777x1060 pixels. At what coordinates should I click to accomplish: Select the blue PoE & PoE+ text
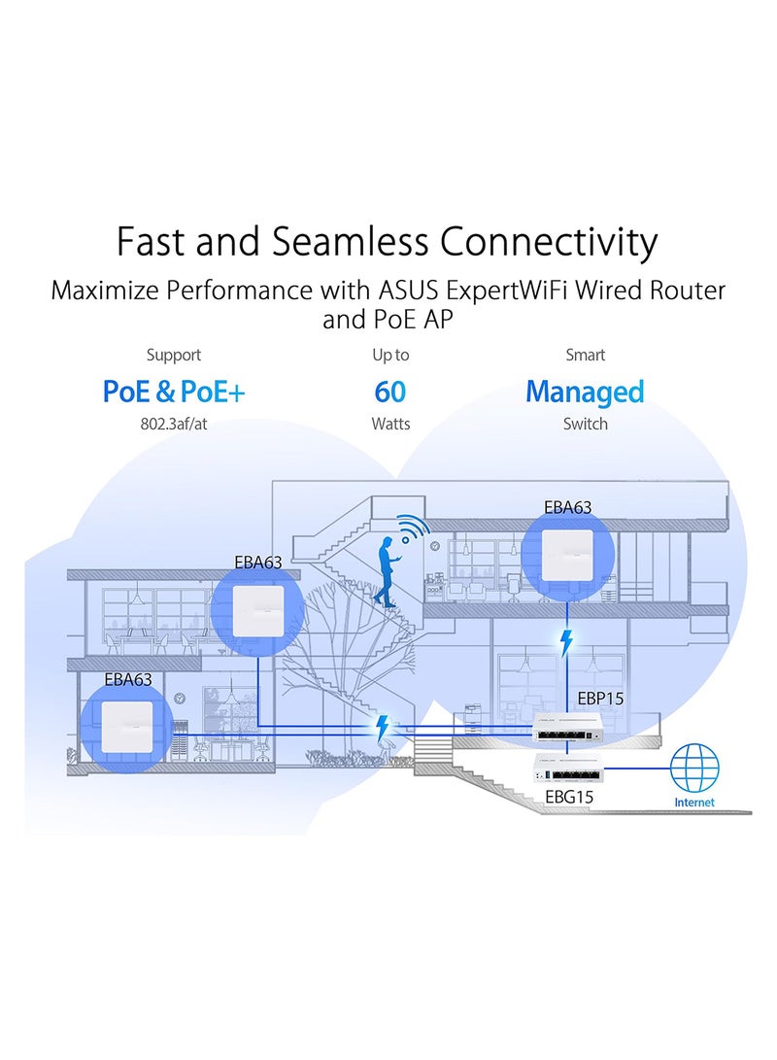click(x=174, y=392)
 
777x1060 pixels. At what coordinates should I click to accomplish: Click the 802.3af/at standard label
click(x=174, y=425)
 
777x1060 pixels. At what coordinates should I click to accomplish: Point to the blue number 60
click(x=389, y=392)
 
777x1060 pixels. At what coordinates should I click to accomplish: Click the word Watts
click(x=389, y=425)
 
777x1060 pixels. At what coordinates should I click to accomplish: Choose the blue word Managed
click(x=585, y=392)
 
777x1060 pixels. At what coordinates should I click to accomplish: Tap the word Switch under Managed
click(x=585, y=425)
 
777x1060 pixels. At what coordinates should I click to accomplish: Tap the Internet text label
click(x=693, y=803)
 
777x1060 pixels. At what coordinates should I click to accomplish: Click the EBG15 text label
click(x=569, y=797)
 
